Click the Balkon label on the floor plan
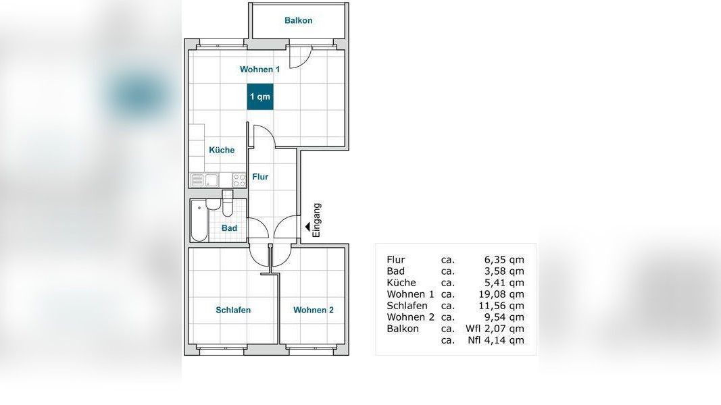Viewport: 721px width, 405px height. [298, 21]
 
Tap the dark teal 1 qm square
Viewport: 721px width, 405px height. [260, 97]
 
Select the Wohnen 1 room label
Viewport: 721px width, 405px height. [259, 70]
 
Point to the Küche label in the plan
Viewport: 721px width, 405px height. [222, 150]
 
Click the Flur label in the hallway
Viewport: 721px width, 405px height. [260, 177]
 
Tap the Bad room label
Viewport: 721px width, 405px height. [230, 228]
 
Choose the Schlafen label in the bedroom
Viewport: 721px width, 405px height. [233, 310]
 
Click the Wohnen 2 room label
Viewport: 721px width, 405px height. [313, 310]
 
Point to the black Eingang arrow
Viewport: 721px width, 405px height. [307, 226]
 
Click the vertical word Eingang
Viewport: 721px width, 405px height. [317, 220]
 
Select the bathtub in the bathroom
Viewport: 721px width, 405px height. [199, 221]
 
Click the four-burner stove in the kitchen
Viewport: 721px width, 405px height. [239, 180]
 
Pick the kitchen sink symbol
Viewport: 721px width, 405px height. [205, 180]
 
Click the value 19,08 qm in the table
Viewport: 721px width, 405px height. [501, 294]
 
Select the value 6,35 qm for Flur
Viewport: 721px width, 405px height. [504, 260]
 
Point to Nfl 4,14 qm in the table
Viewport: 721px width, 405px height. [496, 340]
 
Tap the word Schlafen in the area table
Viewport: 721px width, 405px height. [407, 306]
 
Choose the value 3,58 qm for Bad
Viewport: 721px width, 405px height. [504, 271]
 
